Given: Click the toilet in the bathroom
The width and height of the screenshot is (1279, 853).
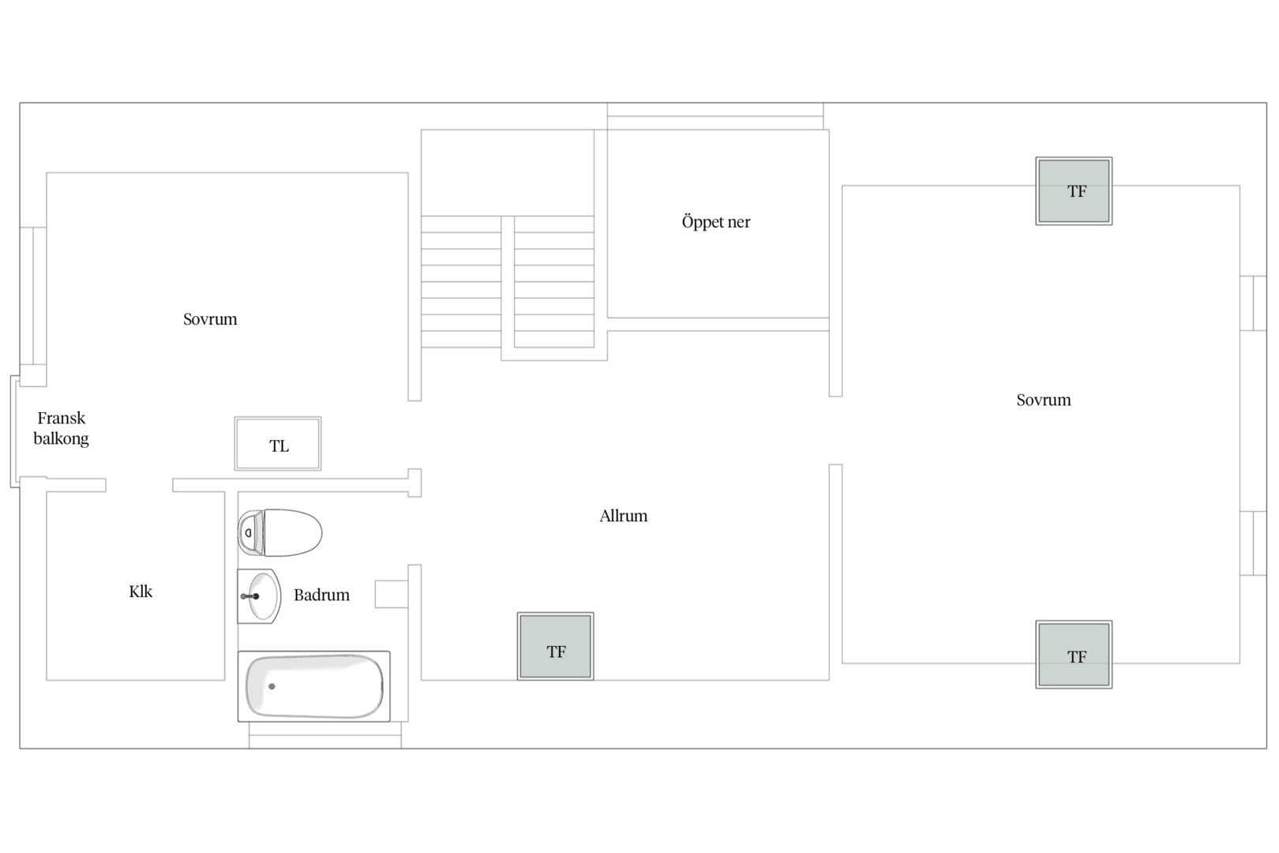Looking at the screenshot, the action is coord(279,532).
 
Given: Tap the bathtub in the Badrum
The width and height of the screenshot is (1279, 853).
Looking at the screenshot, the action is coord(314,686).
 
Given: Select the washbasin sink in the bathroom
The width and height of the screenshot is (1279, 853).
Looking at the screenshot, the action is coord(259,596).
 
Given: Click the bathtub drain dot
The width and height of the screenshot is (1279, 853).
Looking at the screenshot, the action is coord(272,686).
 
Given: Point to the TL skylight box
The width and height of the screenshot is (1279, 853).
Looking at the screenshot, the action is coord(278,443).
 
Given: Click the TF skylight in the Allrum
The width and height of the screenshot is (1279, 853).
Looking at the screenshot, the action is coord(556,646).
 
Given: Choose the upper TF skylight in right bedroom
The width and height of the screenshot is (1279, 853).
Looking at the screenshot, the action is coord(1074,191).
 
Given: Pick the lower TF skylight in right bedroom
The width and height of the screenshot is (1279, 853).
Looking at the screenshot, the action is coord(1074,655).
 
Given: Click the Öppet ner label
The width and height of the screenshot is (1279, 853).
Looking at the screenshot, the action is coord(716,222).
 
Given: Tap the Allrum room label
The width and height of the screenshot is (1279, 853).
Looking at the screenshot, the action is coord(624,516).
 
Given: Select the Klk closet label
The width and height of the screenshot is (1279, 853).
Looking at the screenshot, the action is coord(141,592).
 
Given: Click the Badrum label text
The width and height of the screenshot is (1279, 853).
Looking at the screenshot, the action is coord(321,595).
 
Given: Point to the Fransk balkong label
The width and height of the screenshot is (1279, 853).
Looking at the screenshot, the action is coord(61,429).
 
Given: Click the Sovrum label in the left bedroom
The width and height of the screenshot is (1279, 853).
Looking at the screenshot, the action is coord(210,319).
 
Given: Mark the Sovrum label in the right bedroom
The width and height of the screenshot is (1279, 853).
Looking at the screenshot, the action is coord(1044,400).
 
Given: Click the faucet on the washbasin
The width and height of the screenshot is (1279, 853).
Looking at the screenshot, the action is coord(250,596).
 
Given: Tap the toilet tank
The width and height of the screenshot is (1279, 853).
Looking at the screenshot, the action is coord(250,532).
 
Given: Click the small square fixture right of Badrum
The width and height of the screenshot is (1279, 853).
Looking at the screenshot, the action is coord(391,594).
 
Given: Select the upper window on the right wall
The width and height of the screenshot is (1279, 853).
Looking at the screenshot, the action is coord(1253,303).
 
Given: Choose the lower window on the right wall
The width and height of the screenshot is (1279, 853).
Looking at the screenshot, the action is coord(1253,543).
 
